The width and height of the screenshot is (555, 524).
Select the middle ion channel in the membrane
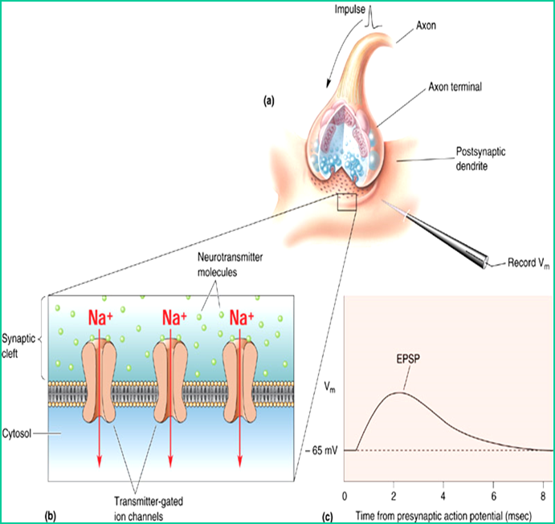(169, 380)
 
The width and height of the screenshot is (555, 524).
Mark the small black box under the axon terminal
(347, 201)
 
